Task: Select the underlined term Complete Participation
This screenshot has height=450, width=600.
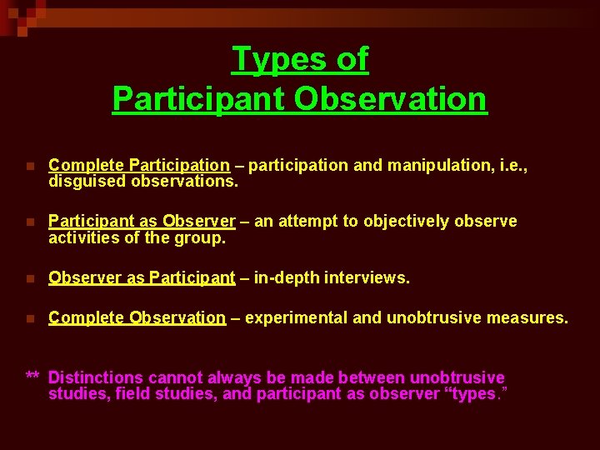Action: [139, 165]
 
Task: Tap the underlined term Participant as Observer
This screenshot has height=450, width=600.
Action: [142, 221]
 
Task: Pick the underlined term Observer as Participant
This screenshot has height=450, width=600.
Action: [142, 277]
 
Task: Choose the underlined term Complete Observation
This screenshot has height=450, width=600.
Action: [137, 317]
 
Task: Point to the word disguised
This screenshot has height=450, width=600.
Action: [86, 180]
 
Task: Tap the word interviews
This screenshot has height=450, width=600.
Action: [372, 277]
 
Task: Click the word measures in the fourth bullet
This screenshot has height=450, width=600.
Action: [529, 317]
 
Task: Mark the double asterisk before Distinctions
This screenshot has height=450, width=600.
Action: [33, 377]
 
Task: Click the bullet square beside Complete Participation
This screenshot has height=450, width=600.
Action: [31, 166]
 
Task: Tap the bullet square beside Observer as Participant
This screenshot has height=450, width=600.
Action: [31, 278]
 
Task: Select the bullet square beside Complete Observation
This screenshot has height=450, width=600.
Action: [31, 318]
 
